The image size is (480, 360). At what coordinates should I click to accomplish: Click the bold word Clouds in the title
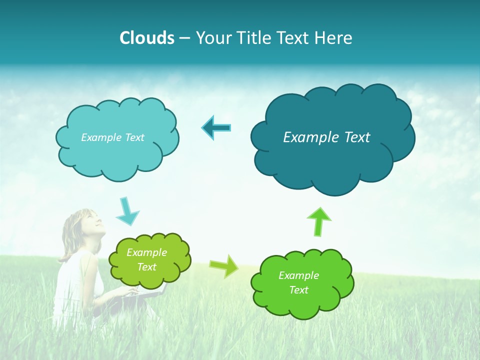[147, 38]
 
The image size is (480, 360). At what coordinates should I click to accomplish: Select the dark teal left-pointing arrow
[216, 127]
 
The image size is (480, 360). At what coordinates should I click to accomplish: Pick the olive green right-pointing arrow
[224, 265]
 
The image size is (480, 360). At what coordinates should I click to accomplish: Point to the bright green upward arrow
[318, 221]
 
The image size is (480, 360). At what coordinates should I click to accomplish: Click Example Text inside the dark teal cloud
[326, 137]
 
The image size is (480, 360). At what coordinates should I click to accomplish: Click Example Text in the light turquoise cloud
[112, 137]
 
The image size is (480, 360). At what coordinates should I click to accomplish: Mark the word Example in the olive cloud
[146, 252]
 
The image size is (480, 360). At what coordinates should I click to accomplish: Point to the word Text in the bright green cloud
[299, 290]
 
